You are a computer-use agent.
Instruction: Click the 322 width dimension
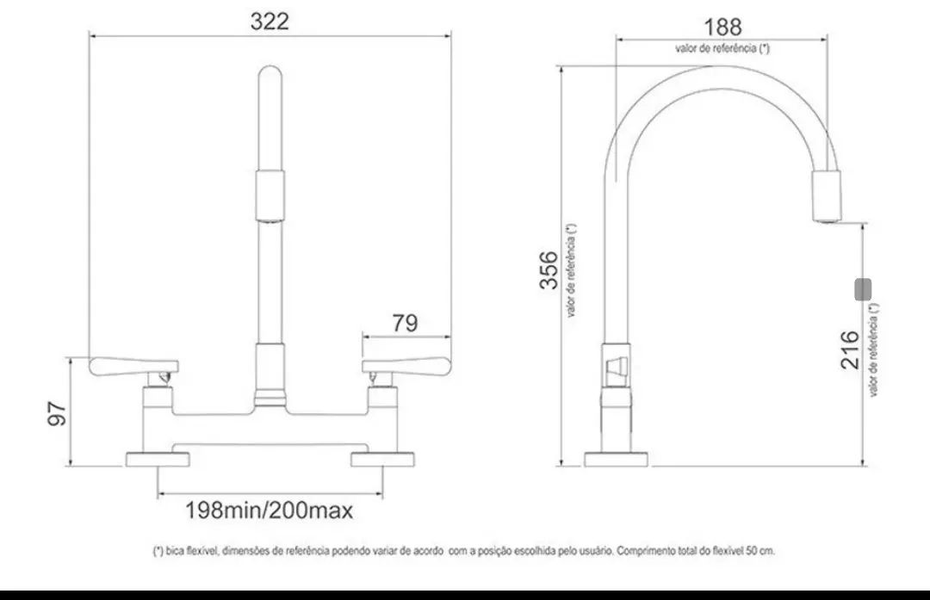[270, 22]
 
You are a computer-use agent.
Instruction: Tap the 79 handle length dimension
[405, 323]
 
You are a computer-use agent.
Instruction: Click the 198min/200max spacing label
[270, 510]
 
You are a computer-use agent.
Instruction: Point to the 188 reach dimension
[722, 27]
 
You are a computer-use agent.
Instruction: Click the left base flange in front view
[158, 459]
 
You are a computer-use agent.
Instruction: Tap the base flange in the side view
[616, 459]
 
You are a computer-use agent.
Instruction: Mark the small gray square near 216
[864, 289]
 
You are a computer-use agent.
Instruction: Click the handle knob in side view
[615, 370]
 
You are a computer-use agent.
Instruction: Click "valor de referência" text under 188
[722, 48]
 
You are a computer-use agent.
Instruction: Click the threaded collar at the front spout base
[270, 398]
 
